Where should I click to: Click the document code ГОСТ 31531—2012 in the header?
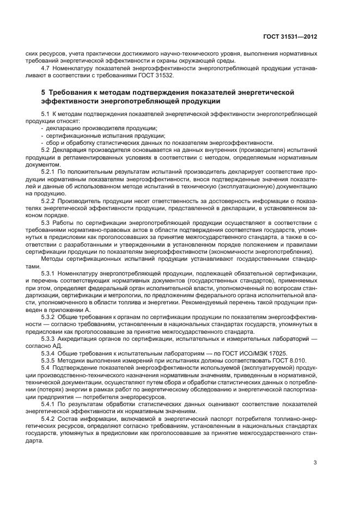[x=293, y=36]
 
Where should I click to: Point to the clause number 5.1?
[x=46, y=113]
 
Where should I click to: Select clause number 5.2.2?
[x=48, y=200]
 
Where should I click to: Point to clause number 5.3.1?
[x=48, y=272]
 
